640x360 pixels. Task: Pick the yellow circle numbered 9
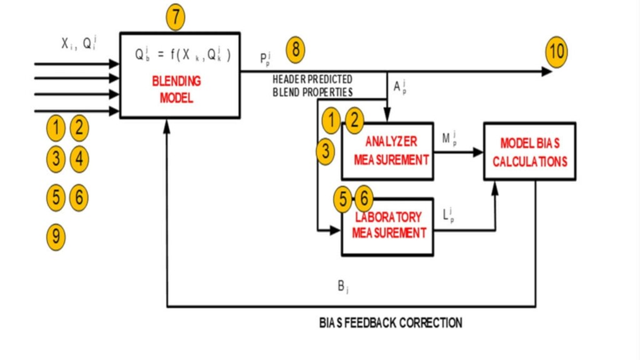tap(56, 236)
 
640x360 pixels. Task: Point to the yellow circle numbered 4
tap(79, 159)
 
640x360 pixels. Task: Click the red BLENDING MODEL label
tap(176, 89)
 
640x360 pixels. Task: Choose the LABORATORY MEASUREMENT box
tap(387, 226)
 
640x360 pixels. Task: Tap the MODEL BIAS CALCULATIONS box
tap(529, 151)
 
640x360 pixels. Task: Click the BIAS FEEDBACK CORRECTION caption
tap(391, 323)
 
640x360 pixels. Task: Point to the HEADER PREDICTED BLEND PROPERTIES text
tap(312, 86)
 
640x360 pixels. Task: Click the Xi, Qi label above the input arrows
tap(79, 44)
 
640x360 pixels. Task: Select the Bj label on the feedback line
tap(343, 287)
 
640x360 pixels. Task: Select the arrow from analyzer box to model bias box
tap(459, 152)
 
